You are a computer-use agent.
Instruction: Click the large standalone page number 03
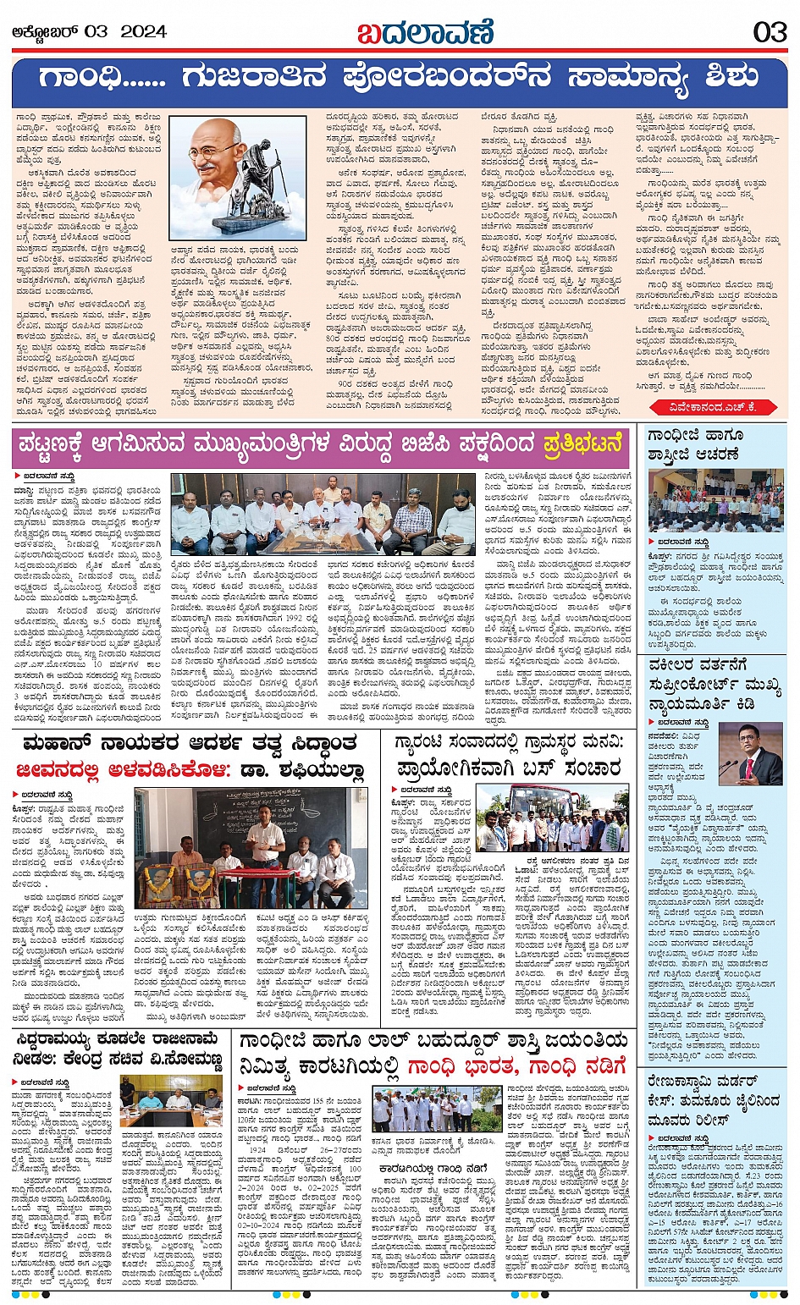pos(770,32)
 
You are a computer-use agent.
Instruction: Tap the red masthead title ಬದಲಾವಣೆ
pos(424,32)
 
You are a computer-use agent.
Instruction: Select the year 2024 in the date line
pos(143,32)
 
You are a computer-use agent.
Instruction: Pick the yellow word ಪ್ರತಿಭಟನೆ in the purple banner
pos(583,443)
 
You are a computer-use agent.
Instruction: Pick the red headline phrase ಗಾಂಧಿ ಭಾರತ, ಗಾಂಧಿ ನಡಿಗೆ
pos(516,1065)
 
